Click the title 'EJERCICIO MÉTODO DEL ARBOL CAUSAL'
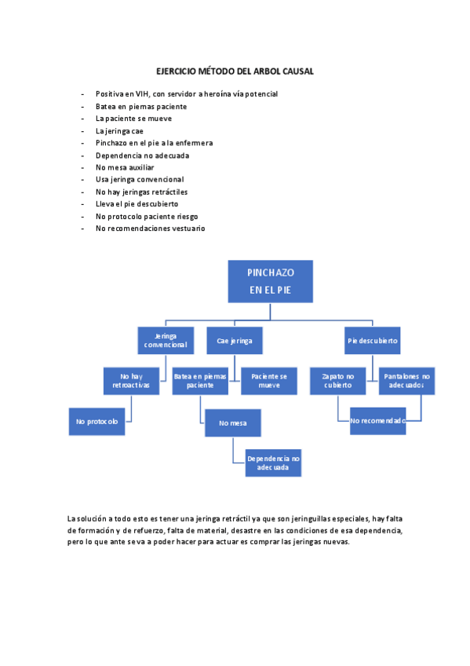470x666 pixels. (x=235, y=71)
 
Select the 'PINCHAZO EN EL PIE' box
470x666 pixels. (x=270, y=281)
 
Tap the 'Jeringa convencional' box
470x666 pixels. (x=165, y=341)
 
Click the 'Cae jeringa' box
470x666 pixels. (x=235, y=341)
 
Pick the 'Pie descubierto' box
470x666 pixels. (x=373, y=341)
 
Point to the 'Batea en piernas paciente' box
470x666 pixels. (x=199, y=381)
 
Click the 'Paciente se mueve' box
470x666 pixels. (x=269, y=381)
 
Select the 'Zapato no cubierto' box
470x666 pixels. (x=337, y=381)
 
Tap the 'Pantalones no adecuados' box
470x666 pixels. (x=406, y=381)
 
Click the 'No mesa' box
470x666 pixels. (x=233, y=423)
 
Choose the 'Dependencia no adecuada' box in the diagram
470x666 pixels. (x=273, y=463)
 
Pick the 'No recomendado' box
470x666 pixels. (x=377, y=421)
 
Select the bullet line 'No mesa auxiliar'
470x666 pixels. (x=125, y=167)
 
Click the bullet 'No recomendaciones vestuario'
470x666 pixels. (x=150, y=229)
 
